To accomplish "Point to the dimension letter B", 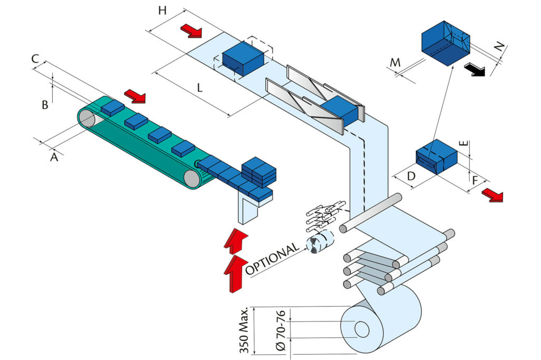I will pyautogui.click(x=45, y=105).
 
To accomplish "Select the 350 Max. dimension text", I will pyautogui.click(x=244, y=331).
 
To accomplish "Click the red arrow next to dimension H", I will pyautogui.click(x=191, y=31).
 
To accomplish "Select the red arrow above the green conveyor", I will pyautogui.click(x=137, y=96).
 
